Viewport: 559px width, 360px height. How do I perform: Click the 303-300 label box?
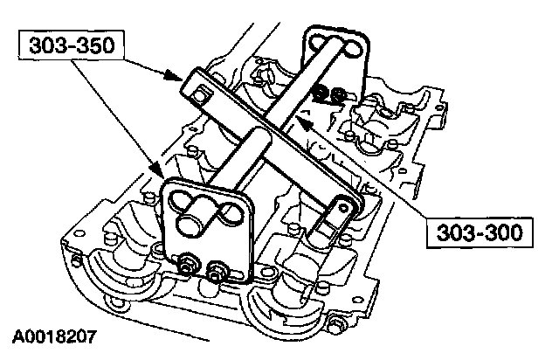coord(480,233)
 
